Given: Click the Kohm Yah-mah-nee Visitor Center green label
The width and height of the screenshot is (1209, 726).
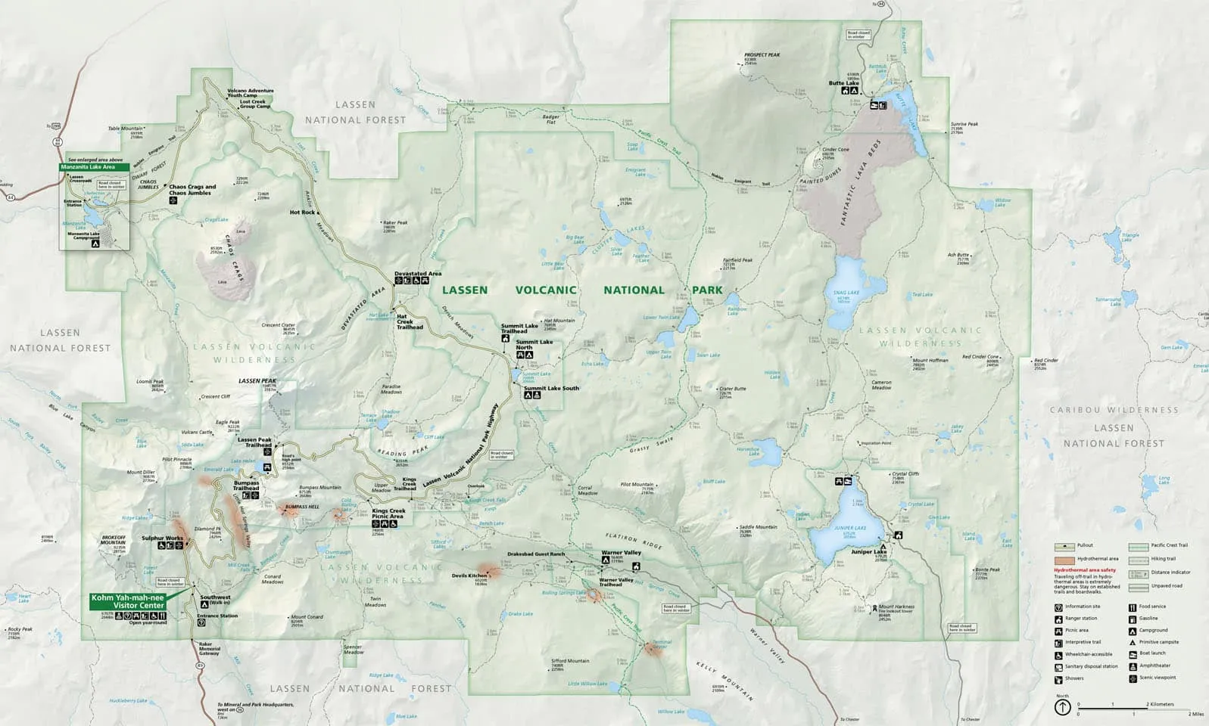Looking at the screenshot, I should tap(127, 601).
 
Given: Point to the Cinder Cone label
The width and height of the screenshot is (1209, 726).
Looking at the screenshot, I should tap(835, 150).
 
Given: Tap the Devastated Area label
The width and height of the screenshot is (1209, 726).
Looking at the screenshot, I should tap(417, 274).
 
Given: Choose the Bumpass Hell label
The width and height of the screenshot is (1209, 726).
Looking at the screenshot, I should tap(302, 507).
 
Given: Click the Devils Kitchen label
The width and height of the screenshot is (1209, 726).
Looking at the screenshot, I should tap(469, 576).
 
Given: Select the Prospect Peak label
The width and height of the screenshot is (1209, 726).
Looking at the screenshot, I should tap(761, 55).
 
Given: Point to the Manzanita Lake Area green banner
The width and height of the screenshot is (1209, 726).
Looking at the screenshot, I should tap(92, 166).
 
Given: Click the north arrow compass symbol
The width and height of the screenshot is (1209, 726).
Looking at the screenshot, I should tap(1062, 707).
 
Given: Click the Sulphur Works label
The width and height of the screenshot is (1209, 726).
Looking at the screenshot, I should tap(162, 538).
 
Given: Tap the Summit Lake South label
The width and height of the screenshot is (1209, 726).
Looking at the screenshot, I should tap(551, 388).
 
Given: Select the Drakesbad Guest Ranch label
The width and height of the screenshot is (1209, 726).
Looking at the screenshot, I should tap(536, 554).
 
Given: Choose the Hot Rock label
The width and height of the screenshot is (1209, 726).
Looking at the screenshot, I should tap(302, 213).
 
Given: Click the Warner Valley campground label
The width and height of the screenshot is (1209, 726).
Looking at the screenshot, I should tap(621, 553).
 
